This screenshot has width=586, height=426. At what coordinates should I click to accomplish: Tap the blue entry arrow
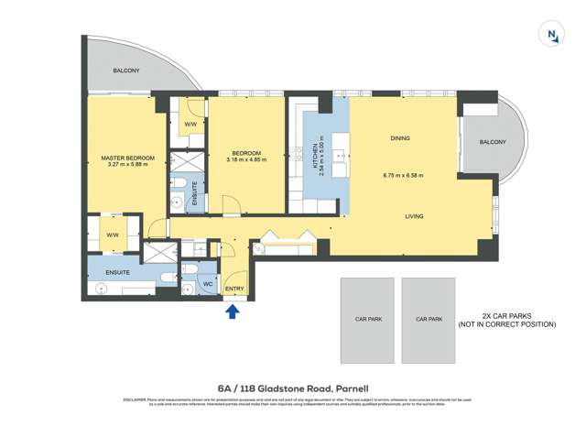(x=233, y=311)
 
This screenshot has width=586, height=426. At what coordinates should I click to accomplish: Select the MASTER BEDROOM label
(x=127, y=158)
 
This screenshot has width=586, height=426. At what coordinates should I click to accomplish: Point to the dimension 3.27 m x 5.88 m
(x=127, y=167)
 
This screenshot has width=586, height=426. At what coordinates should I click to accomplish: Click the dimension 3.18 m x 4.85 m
(x=246, y=160)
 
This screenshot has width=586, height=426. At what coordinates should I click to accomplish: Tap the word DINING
(x=399, y=138)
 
